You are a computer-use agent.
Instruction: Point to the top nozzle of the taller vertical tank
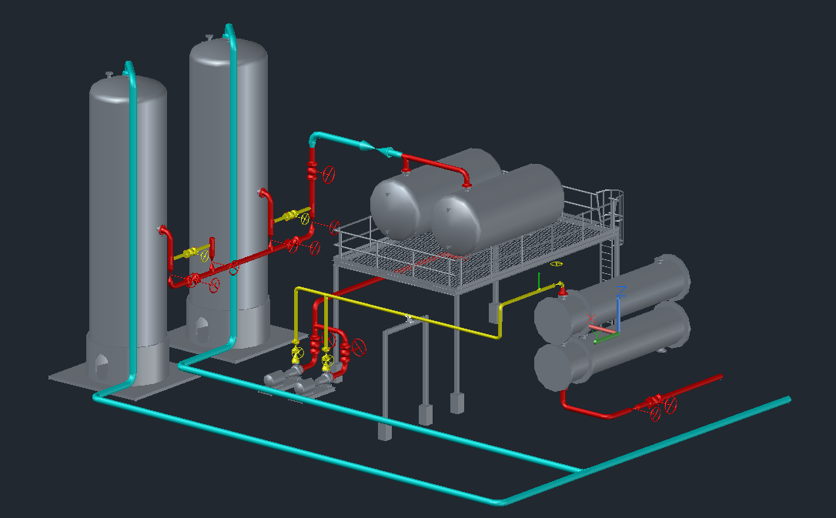click(209, 37)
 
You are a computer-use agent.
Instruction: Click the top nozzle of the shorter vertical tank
click(109, 74)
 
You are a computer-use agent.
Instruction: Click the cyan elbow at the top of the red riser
click(316, 139)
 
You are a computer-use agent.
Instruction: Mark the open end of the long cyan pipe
click(788, 399)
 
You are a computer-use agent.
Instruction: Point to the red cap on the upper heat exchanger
click(563, 289)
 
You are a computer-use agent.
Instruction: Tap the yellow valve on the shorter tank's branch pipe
click(199, 251)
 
